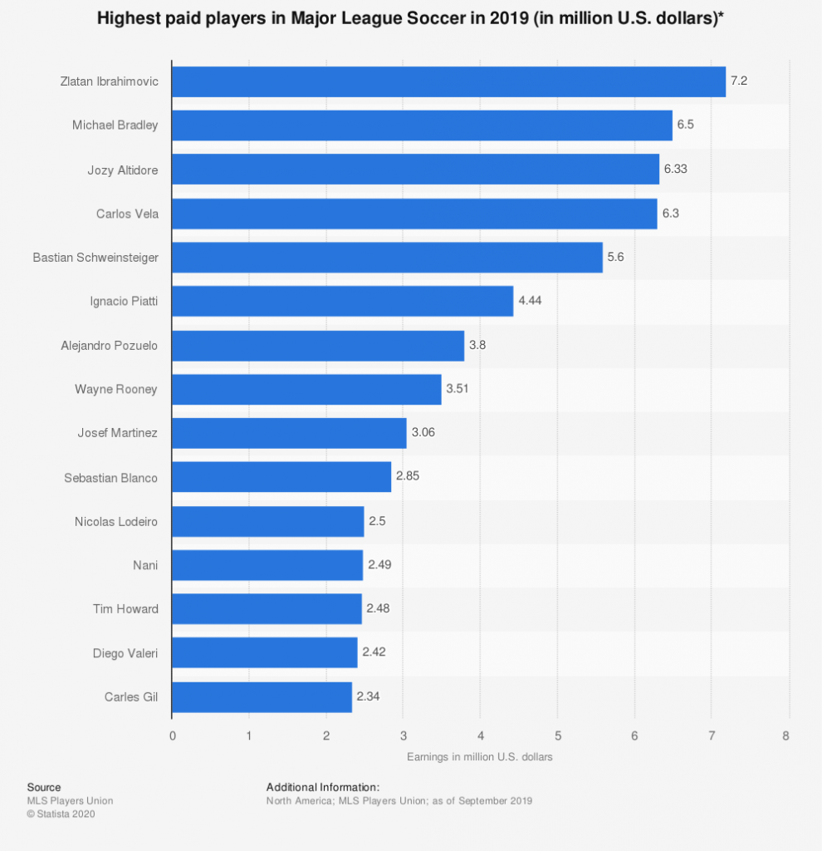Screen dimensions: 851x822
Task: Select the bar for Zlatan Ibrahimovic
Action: [x=448, y=81]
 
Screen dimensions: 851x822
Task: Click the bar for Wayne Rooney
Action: [x=306, y=389]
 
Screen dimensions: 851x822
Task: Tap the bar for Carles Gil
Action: [x=262, y=696]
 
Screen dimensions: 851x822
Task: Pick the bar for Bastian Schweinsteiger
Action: [x=387, y=258]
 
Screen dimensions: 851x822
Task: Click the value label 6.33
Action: [x=676, y=170]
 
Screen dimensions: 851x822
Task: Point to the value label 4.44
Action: [x=531, y=301]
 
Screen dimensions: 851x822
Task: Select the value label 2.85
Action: [x=408, y=477]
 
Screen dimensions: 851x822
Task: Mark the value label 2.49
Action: [x=379, y=565]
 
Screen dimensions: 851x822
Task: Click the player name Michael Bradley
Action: [x=115, y=125]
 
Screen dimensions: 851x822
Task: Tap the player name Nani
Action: [x=145, y=565]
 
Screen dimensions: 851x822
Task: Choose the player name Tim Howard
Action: [x=125, y=609]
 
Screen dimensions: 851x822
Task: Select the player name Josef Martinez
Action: [x=117, y=433]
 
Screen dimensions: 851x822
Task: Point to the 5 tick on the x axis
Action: [x=557, y=735]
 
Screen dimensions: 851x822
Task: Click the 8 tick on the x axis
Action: [x=785, y=735]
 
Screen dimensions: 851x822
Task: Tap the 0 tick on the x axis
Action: [x=172, y=735]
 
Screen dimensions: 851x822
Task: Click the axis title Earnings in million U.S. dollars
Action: [x=479, y=757]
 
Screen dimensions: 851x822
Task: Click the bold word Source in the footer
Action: [x=44, y=787]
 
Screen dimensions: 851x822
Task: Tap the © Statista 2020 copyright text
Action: [x=61, y=814]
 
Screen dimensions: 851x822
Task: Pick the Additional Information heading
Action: [x=322, y=787]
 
